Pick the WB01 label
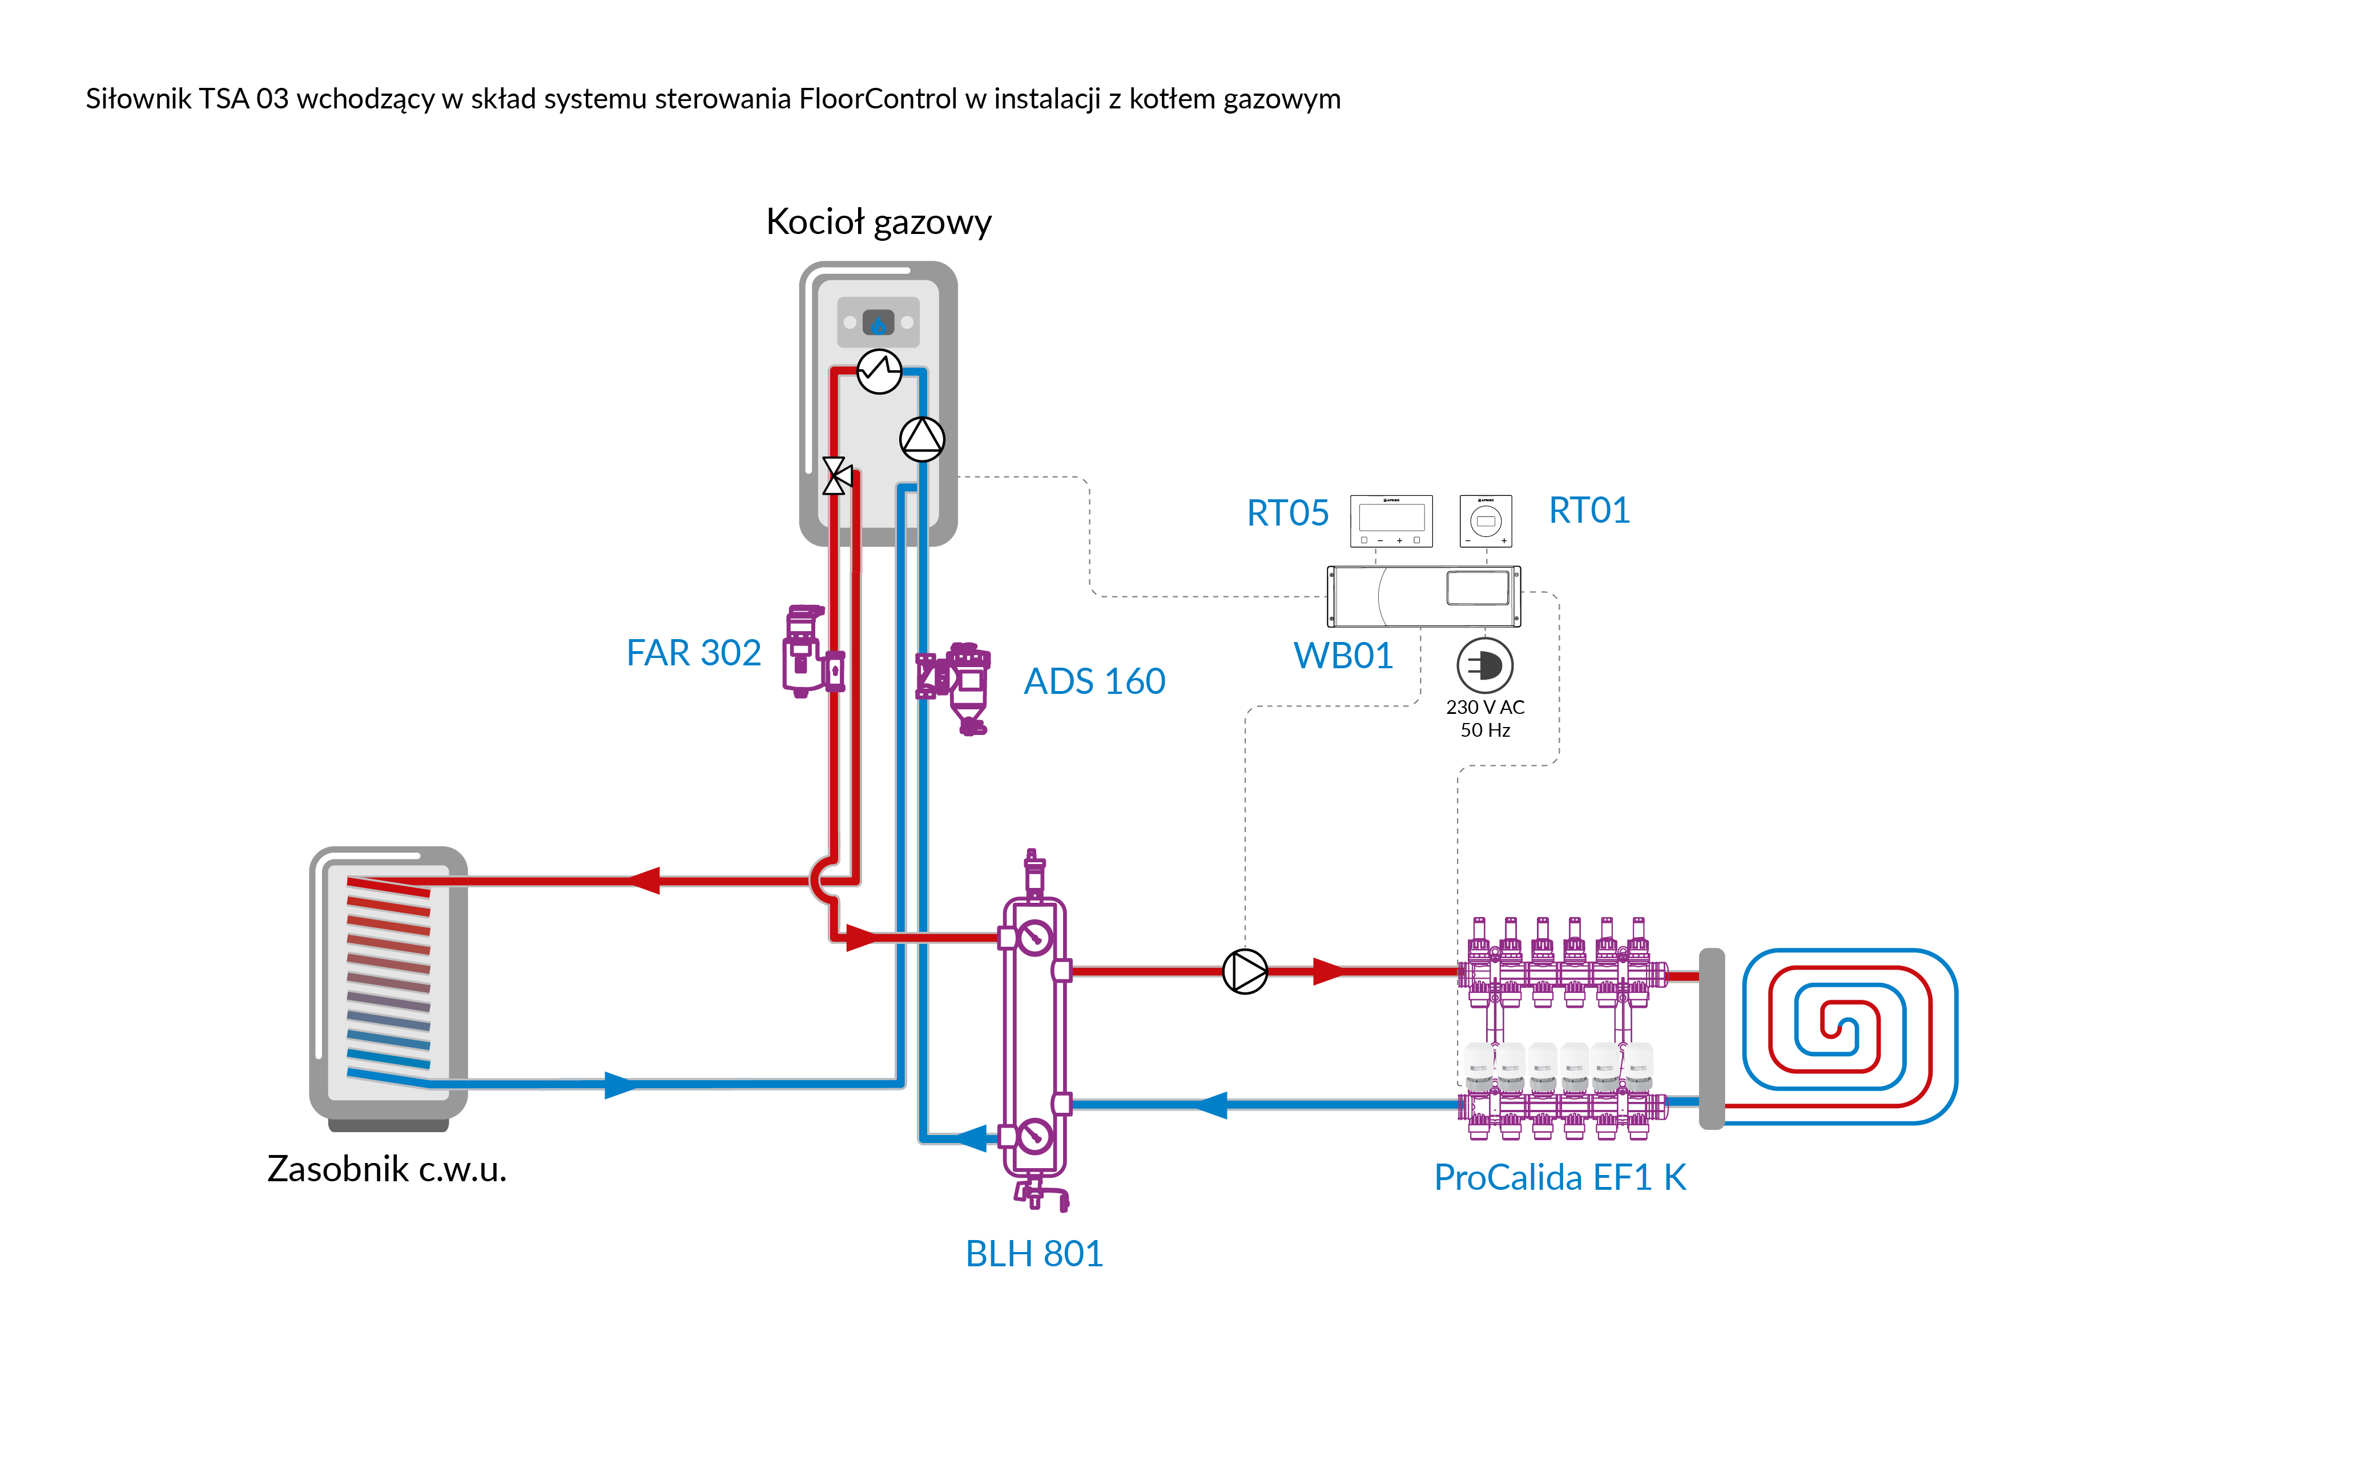[x=1343, y=655]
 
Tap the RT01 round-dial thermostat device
[x=1485, y=520]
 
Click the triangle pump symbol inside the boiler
[x=921, y=439]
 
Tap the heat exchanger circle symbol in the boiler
[x=879, y=371]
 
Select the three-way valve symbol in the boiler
[x=836, y=476]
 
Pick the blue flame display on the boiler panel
[x=879, y=322]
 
